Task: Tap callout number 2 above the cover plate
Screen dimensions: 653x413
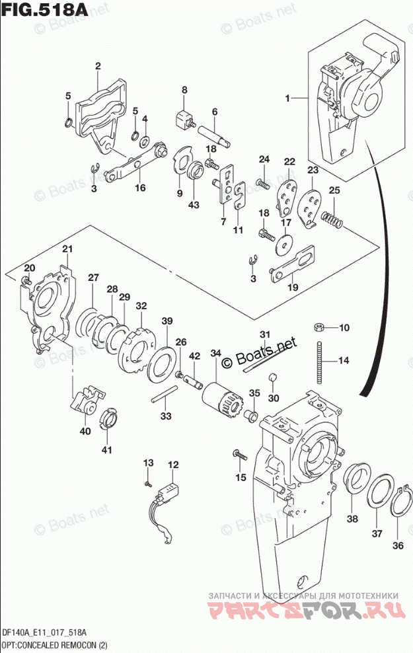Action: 97,66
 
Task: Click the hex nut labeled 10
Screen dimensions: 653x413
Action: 318,326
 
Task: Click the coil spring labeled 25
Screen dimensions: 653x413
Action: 331,219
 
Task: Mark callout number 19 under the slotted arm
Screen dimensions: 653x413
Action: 291,289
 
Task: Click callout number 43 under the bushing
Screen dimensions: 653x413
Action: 193,206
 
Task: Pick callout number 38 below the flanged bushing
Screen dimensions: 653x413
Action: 352,519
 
